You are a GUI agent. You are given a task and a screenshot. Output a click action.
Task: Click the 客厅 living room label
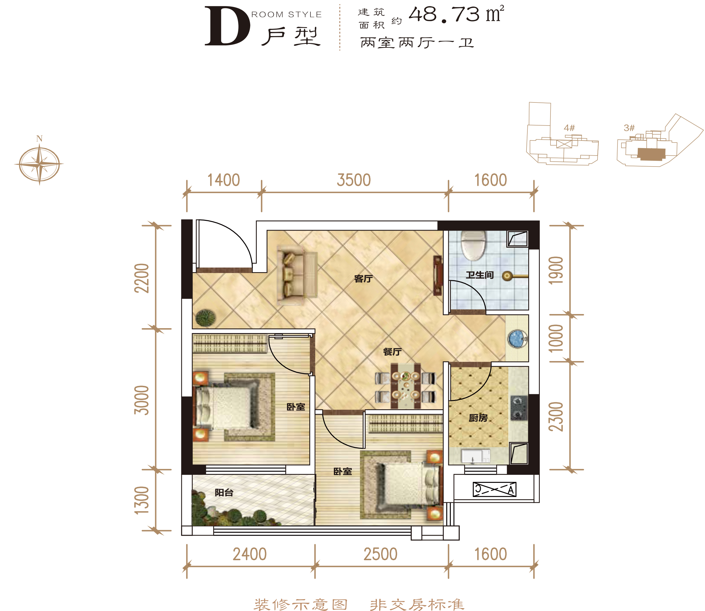[363, 279]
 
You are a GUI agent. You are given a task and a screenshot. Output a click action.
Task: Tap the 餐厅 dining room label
[392, 352]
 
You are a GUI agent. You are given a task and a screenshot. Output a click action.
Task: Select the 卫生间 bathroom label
[480, 275]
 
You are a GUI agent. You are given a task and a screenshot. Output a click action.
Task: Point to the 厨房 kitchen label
[478, 418]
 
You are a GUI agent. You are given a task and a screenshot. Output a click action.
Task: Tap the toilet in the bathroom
[473, 245]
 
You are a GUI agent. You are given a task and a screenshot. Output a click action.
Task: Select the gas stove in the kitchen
[519, 408]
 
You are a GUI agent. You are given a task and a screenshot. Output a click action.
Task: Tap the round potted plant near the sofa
[205, 318]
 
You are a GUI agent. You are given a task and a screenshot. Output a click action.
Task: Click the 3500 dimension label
[354, 180]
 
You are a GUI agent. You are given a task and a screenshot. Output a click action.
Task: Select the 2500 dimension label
[380, 554]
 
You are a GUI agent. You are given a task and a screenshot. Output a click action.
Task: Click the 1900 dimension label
[555, 270]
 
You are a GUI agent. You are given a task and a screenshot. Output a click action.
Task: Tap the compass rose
[39, 164]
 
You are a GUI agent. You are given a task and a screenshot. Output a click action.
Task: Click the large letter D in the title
[227, 26]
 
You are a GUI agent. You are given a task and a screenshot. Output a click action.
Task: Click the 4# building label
[569, 128]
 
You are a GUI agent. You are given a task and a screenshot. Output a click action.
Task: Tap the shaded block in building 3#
[652, 154]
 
